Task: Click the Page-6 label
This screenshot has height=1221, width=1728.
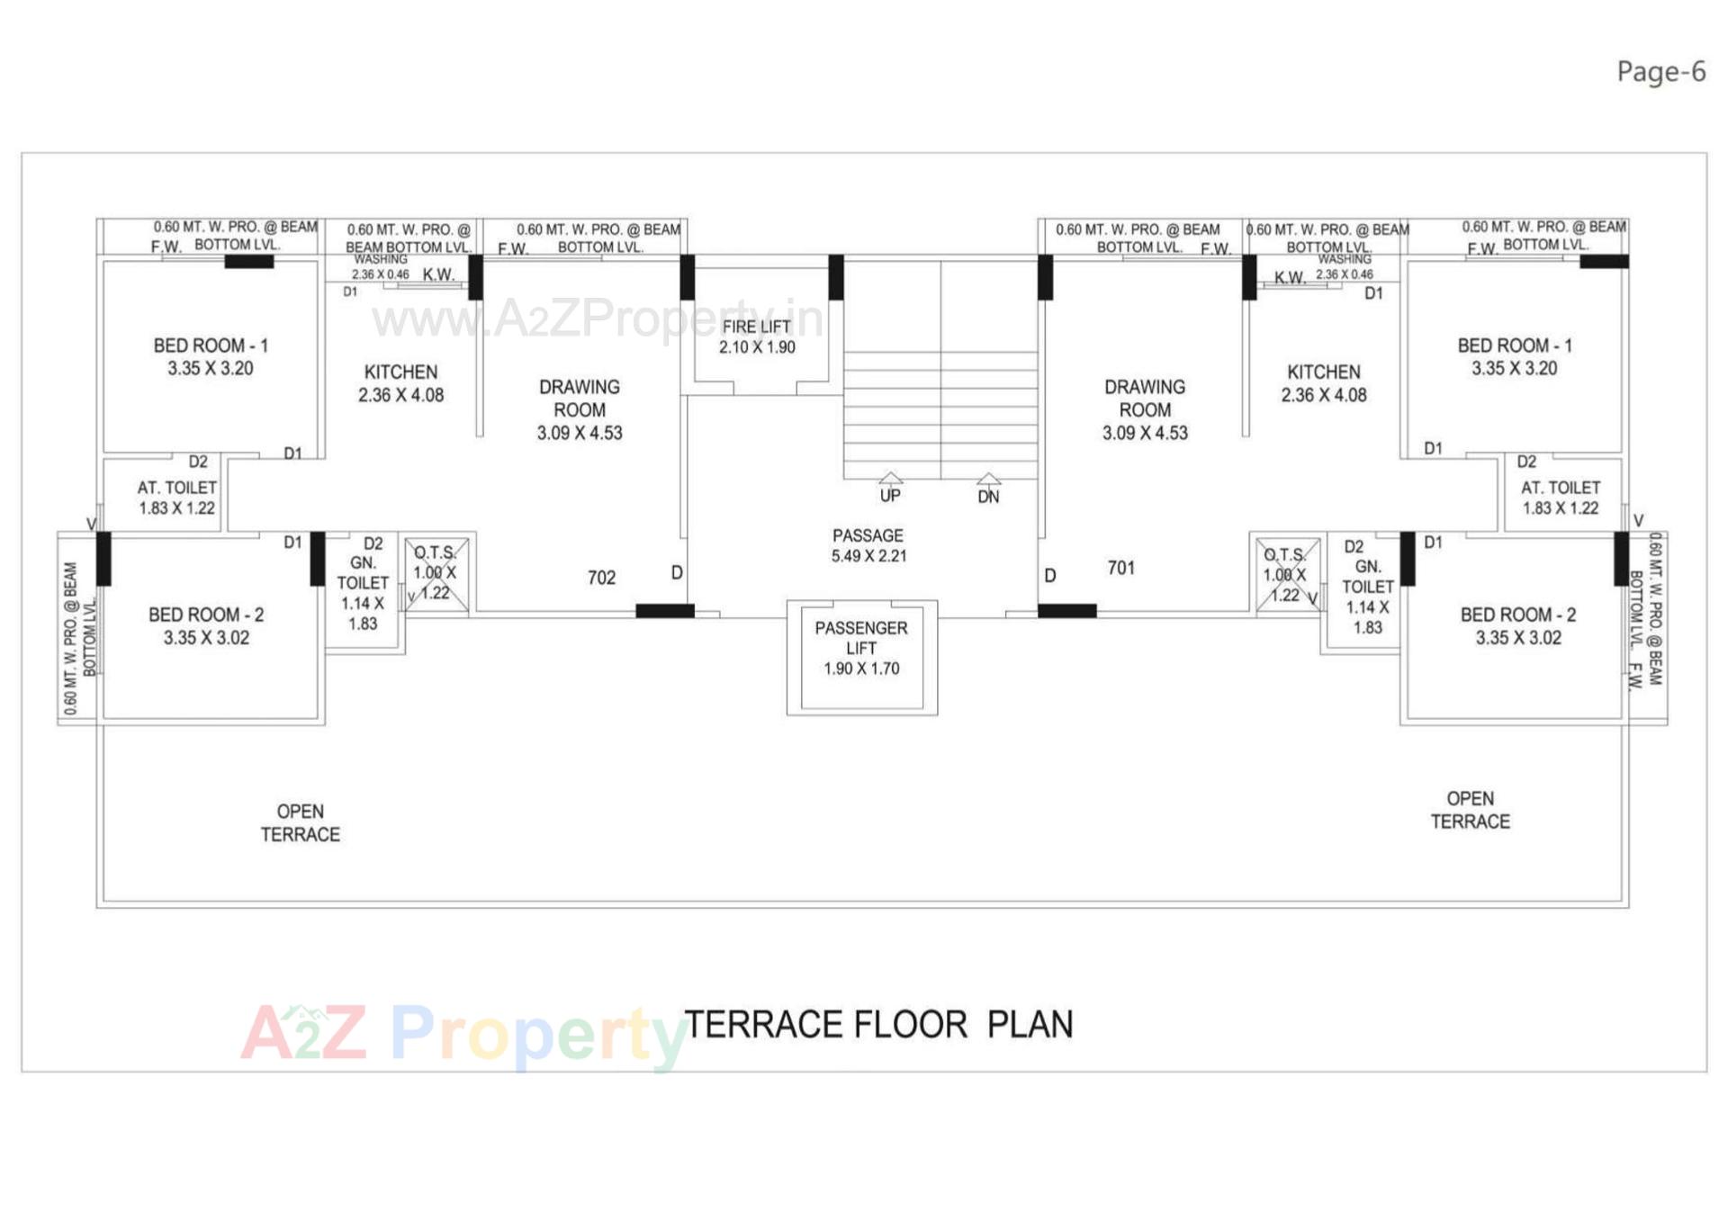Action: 1660,71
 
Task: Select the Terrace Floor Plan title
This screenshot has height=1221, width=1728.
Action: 878,1024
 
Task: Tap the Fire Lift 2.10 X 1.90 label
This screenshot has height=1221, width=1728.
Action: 756,337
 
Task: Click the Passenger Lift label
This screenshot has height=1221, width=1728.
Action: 861,648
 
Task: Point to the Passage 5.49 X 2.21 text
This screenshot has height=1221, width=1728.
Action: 868,545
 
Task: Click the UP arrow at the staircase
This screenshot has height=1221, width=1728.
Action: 890,480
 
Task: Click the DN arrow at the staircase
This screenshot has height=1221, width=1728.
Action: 988,480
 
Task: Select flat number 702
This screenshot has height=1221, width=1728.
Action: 601,578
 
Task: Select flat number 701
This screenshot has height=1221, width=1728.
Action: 1120,568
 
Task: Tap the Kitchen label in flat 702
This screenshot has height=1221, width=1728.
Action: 400,382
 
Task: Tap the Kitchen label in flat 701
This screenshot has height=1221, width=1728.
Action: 1323,382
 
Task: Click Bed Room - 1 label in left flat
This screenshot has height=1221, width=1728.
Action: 211,356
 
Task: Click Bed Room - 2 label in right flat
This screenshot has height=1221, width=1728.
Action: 1517,625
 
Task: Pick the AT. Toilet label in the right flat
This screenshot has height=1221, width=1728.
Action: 1560,498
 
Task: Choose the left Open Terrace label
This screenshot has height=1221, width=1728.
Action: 300,822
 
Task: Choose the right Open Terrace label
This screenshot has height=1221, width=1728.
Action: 1470,810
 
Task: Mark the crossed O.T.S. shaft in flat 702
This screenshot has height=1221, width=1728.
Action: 436,574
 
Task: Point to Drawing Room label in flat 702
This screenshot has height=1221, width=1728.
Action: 580,409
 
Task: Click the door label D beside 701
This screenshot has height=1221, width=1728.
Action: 1049,575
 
